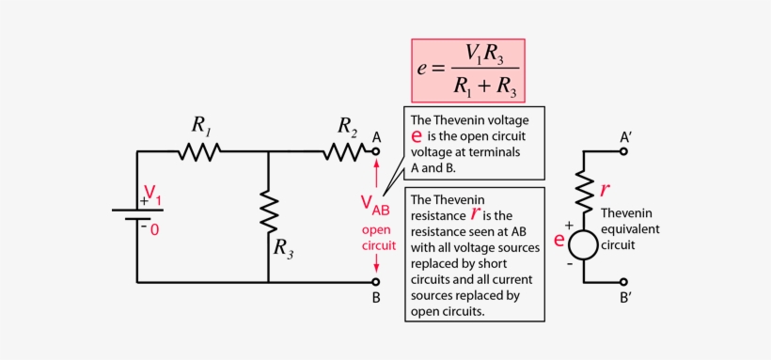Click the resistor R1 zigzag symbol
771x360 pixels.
[198, 150]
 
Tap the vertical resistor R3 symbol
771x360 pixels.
[269, 211]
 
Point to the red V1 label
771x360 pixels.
[152, 199]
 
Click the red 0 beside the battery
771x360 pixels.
[155, 228]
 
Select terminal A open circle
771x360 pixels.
[376, 150]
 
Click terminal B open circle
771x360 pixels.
[376, 281]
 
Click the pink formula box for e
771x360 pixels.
[467, 70]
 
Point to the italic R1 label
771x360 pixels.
[201, 124]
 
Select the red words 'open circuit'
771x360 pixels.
[373, 238]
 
